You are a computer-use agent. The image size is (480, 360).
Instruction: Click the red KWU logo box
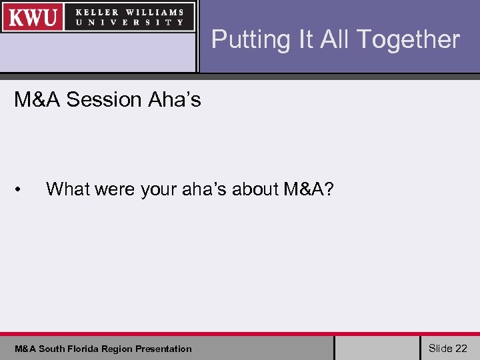click(33, 17)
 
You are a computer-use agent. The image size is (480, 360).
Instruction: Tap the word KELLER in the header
click(98, 12)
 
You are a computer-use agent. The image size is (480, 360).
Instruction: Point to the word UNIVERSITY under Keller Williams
click(129, 22)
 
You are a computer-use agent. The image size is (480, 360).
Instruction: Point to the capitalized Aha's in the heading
click(174, 100)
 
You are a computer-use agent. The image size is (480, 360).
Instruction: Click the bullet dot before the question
click(20, 190)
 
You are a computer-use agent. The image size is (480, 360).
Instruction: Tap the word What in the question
click(68, 189)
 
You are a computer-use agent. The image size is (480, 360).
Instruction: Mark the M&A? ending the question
click(308, 189)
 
